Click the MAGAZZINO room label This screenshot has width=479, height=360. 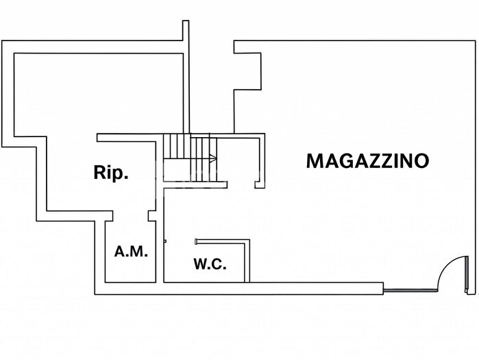pyautogui.click(x=367, y=161)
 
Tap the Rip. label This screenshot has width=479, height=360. pyautogui.click(x=111, y=173)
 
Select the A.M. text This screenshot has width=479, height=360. pyautogui.click(x=130, y=252)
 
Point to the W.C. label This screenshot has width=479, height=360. pyautogui.click(x=210, y=264)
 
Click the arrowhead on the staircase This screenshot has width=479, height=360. pyautogui.click(x=214, y=159)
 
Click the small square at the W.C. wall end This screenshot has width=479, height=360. pyautogui.click(x=197, y=241)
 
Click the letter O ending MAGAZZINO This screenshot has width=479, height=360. pyautogui.click(x=421, y=161)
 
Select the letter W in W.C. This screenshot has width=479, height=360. pyautogui.click(x=200, y=264)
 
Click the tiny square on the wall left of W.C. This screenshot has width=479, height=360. pyautogui.click(x=164, y=241)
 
